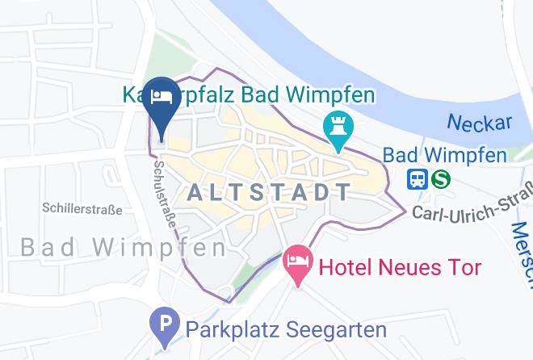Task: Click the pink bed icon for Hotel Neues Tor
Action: (x=298, y=262)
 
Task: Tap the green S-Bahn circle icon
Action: (x=440, y=178)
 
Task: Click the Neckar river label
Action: (x=480, y=123)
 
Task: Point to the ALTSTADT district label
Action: (x=270, y=192)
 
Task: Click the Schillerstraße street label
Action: (x=82, y=210)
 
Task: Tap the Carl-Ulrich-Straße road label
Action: (x=473, y=203)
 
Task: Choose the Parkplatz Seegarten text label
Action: (x=286, y=329)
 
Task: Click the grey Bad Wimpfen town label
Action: (x=123, y=247)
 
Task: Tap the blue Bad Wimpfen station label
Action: (x=444, y=154)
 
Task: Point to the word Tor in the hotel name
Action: (x=464, y=267)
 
